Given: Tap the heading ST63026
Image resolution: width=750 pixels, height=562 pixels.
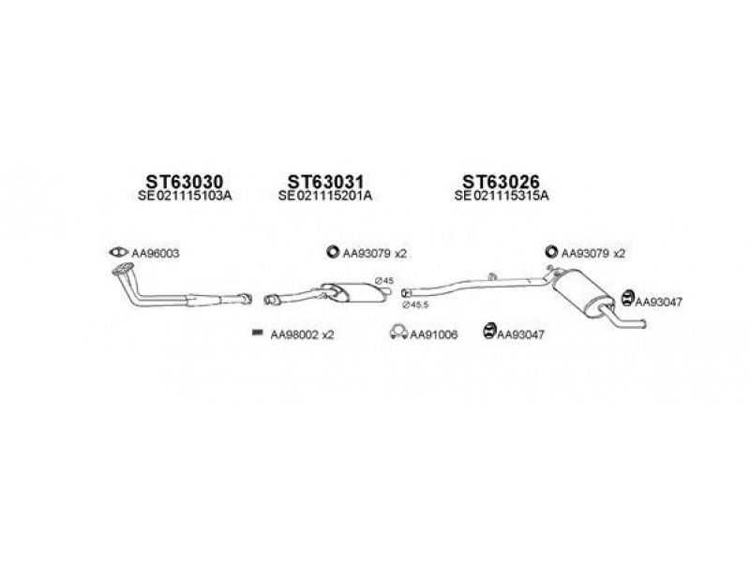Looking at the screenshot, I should [x=502, y=180].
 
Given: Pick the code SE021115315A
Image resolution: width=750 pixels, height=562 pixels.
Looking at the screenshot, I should [x=502, y=196].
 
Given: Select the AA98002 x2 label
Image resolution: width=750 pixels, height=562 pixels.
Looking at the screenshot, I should [x=302, y=334].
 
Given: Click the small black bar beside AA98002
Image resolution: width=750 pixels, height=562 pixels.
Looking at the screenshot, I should [x=255, y=333].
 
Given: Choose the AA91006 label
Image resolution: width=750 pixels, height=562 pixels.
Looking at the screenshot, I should [x=433, y=334].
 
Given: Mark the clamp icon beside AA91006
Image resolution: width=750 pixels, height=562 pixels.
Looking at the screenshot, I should [x=397, y=333].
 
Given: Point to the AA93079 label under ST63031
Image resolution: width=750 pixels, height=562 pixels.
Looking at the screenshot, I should [x=373, y=253].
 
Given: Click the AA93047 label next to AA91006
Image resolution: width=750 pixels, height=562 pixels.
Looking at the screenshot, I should [x=522, y=334].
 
